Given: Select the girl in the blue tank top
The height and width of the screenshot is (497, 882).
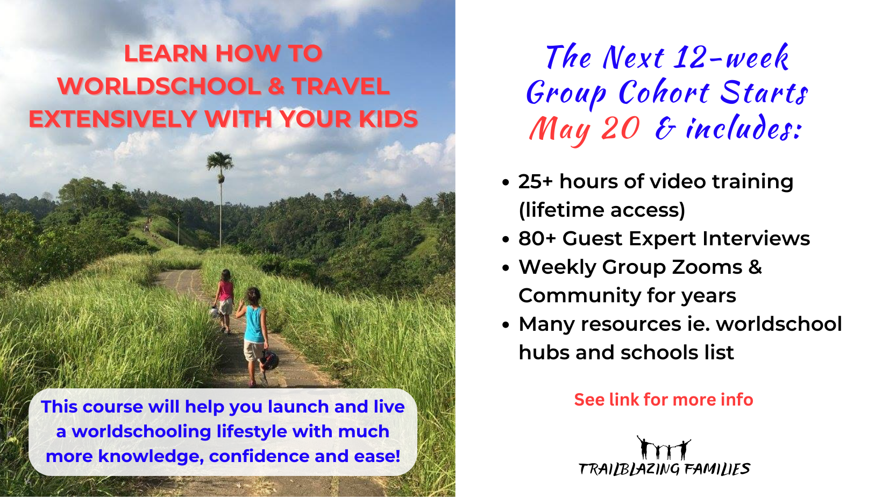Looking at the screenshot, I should coord(254,333).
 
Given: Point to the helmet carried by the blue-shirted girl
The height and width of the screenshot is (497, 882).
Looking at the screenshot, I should coord(269,359).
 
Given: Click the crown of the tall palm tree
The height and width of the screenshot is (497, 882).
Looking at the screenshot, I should coord(220,161).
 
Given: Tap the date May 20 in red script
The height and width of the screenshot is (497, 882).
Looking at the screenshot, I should coord(584,130).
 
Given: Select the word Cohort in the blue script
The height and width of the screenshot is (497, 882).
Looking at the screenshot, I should coord(664,93).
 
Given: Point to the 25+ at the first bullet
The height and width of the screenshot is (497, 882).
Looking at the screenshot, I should coord(535,182).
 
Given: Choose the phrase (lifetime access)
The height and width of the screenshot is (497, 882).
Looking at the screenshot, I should coord(602,210).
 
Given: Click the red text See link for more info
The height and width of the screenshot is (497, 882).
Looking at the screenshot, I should coord(663,400).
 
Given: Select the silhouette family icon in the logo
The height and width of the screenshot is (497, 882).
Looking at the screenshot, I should coord(664,448).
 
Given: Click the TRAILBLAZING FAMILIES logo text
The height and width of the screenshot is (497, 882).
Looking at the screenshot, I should coord(664,469).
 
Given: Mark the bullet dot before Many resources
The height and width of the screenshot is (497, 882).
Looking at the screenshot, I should coord(506,325).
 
